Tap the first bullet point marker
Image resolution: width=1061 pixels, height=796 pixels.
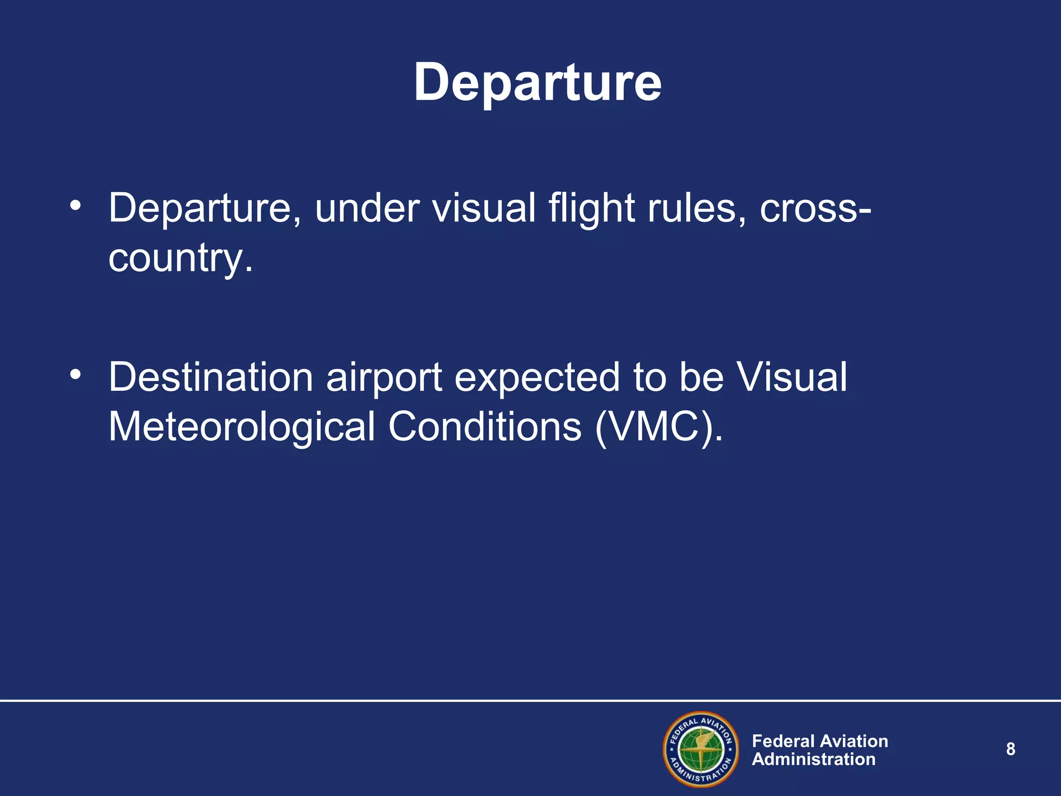coord(76,206)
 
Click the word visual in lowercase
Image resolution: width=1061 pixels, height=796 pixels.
coord(484,208)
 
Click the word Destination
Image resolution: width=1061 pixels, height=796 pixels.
coord(210,377)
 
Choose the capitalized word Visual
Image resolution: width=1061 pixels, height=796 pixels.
coord(792,377)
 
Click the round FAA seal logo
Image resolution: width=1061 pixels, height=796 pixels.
coord(700,749)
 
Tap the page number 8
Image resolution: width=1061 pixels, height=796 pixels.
coord(1010,749)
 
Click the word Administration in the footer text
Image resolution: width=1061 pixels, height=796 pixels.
coord(813,759)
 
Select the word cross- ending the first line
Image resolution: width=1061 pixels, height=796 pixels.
coord(815,208)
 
